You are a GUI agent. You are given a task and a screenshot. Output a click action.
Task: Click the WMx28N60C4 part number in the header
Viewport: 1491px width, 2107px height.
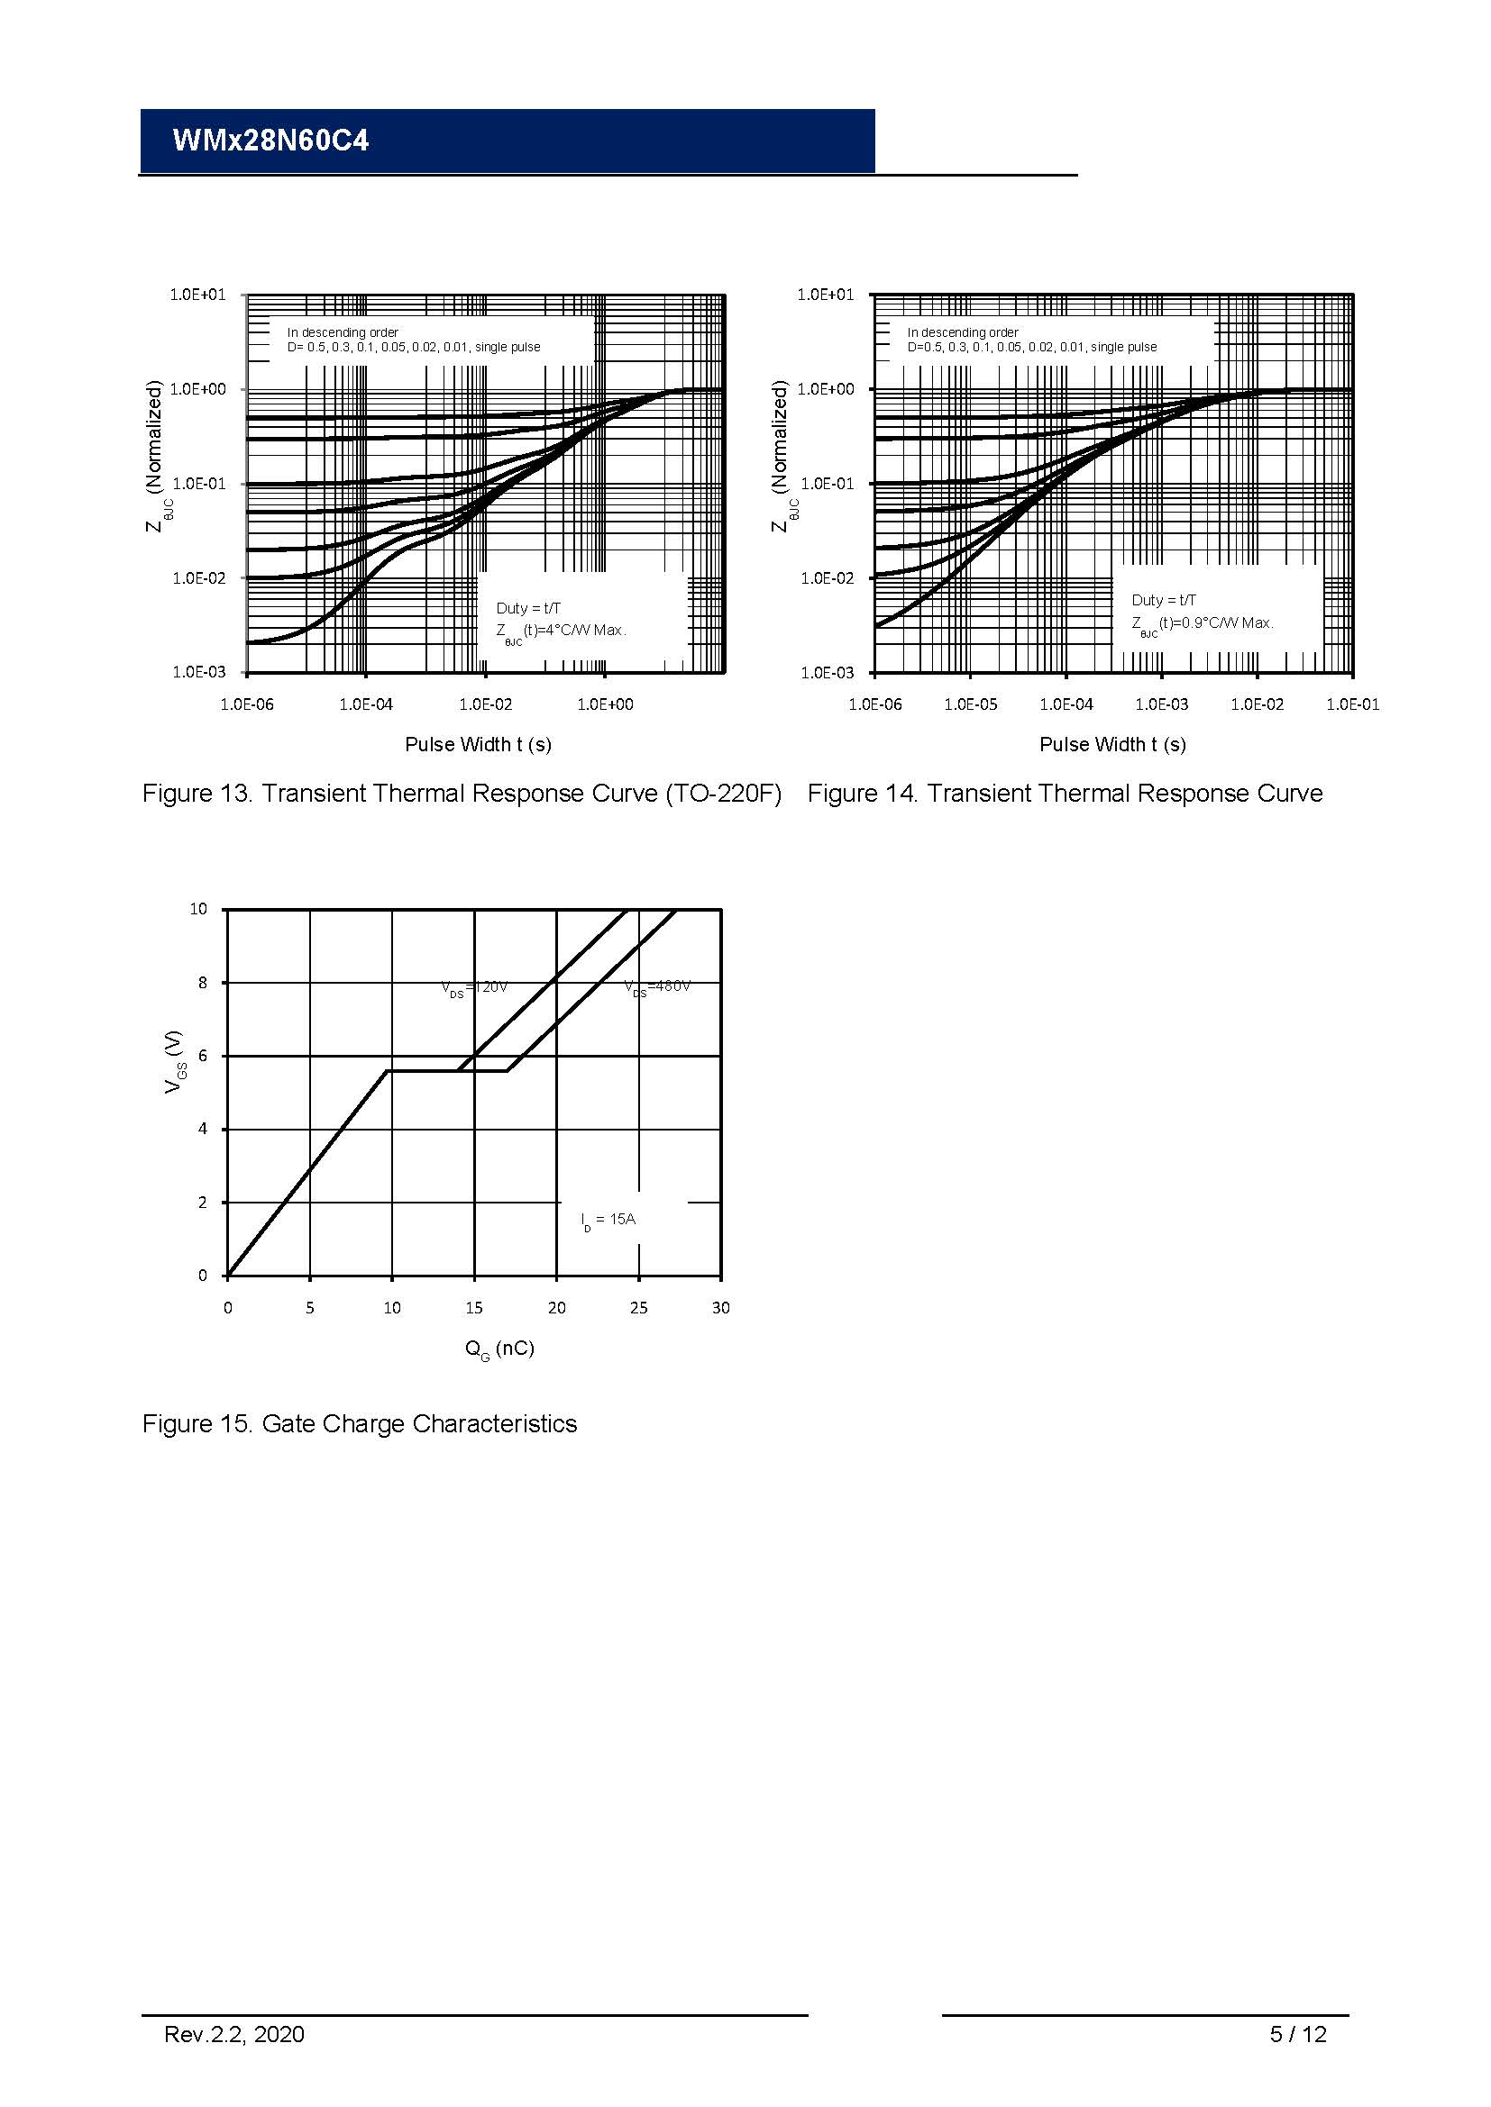point(270,141)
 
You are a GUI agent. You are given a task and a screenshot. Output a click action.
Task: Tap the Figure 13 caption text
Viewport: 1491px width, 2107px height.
point(461,794)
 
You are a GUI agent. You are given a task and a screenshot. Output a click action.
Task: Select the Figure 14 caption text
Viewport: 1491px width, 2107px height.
point(1065,794)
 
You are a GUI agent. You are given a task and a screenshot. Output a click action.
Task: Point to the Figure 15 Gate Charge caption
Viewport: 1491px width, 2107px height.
point(359,1423)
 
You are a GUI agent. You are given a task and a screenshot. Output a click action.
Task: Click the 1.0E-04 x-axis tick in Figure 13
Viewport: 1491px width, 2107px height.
point(365,704)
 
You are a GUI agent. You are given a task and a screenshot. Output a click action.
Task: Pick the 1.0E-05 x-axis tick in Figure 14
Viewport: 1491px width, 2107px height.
point(971,704)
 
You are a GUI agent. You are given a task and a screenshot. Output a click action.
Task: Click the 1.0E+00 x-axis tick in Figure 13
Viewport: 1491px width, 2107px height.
point(605,704)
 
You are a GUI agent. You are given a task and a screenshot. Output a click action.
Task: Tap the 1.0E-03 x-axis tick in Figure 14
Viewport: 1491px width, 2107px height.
point(1161,704)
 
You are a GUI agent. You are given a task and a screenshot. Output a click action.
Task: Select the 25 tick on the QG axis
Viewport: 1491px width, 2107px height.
point(638,1308)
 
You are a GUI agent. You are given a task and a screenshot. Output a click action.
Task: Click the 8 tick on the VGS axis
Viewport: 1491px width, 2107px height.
point(203,983)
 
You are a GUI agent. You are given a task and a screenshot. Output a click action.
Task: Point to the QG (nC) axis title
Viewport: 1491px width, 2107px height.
point(499,1349)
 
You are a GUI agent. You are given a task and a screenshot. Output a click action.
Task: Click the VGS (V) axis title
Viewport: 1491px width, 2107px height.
point(172,1061)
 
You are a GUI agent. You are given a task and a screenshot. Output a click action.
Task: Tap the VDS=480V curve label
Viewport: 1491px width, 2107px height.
point(657,987)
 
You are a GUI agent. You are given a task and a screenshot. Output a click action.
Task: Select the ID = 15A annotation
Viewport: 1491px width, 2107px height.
point(608,1220)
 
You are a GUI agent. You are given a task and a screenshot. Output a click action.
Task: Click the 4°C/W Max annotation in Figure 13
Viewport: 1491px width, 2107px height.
point(561,631)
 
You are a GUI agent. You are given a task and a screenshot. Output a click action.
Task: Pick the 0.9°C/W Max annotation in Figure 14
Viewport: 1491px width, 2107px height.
point(1203,623)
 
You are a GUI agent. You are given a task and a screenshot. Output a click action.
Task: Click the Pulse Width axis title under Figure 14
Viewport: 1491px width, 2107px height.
point(1111,744)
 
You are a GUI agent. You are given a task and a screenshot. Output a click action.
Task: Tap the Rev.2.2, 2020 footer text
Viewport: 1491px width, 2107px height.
point(234,2035)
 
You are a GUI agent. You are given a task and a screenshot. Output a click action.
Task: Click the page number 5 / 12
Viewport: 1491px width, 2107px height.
point(1297,2035)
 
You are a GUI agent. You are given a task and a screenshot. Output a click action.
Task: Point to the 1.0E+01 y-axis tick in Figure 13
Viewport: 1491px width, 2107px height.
point(197,295)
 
